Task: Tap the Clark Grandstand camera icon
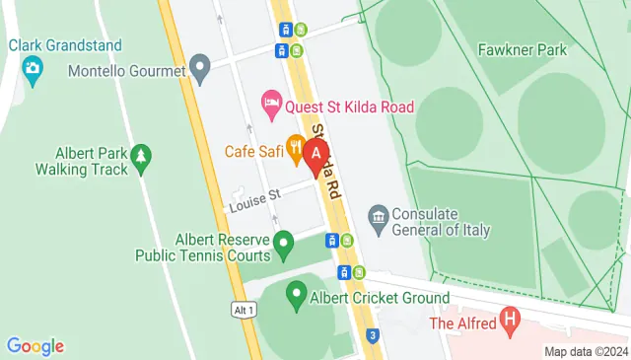(x=33, y=68)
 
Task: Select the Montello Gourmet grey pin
(x=201, y=71)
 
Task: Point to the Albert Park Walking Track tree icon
(x=142, y=154)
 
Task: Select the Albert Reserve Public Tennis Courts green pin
(x=284, y=240)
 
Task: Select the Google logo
(x=35, y=346)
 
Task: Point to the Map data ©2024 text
(x=586, y=351)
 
